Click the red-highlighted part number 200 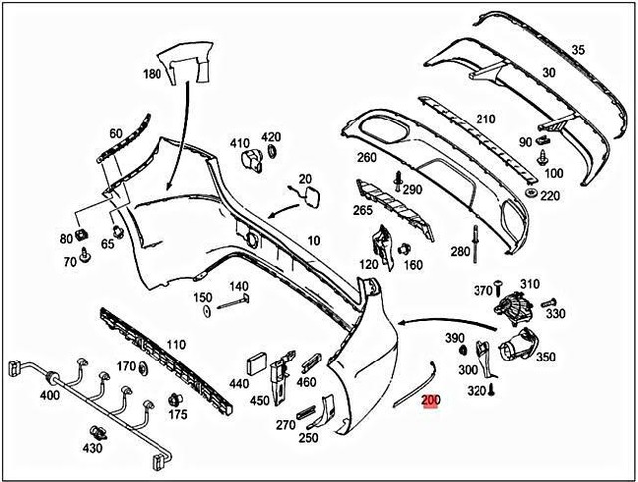click(x=431, y=402)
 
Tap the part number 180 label click(x=152, y=75)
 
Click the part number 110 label click(x=175, y=345)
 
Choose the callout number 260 click(x=366, y=157)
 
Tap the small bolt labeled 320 click(x=491, y=391)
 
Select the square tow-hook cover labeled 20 click(x=308, y=194)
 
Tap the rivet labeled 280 click(x=478, y=238)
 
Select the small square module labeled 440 click(x=255, y=363)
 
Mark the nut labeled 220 click(x=532, y=191)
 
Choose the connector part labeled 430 click(x=98, y=432)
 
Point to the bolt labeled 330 click(x=547, y=301)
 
